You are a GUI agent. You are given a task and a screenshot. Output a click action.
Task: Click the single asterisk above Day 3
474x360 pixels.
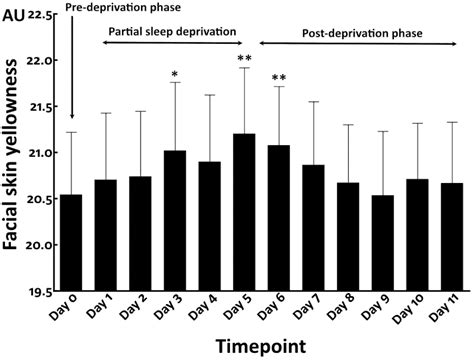pos(174,75)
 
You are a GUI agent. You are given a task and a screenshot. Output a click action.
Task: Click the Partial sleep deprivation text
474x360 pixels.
pos(173,31)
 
